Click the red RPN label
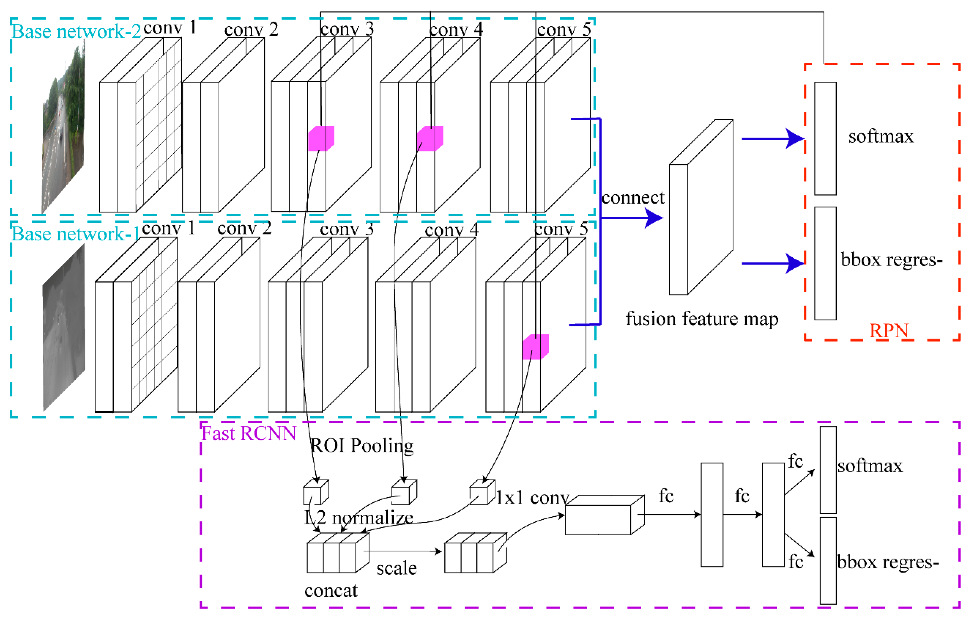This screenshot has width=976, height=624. click(889, 331)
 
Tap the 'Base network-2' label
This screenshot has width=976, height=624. click(76, 32)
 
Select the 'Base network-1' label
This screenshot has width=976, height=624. click(75, 234)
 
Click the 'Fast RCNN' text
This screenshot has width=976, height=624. click(248, 433)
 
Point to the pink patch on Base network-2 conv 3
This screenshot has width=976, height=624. click(321, 138)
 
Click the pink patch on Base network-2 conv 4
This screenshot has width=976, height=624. click(430, 138)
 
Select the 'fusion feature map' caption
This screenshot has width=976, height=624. click(702, 319)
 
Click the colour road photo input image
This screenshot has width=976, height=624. click(64, 130)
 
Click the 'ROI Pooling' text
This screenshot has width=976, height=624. click(362, 445)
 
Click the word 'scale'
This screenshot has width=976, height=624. click(396, 568)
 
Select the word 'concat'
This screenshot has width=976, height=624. click(331, 591)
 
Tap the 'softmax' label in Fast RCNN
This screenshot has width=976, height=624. click(870, 466)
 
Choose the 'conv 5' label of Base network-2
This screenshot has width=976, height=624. click(564, 29)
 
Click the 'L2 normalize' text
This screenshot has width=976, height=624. click(359, 518)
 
